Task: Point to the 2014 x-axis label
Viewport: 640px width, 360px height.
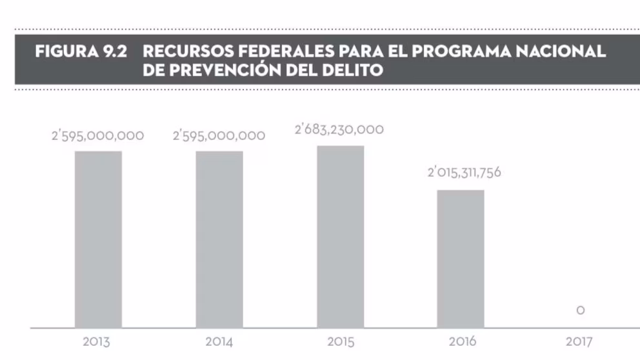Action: point(219,341)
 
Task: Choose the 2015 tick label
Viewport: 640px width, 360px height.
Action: point(340,341)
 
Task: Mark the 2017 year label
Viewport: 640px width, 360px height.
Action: point(579,341)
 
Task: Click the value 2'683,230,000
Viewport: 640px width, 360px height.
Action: point(339,130)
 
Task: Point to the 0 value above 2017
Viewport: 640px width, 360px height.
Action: point(581,311)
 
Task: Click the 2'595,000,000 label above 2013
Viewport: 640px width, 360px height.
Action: point(98,136)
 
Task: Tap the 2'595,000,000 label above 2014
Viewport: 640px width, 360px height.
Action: point(219,136)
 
